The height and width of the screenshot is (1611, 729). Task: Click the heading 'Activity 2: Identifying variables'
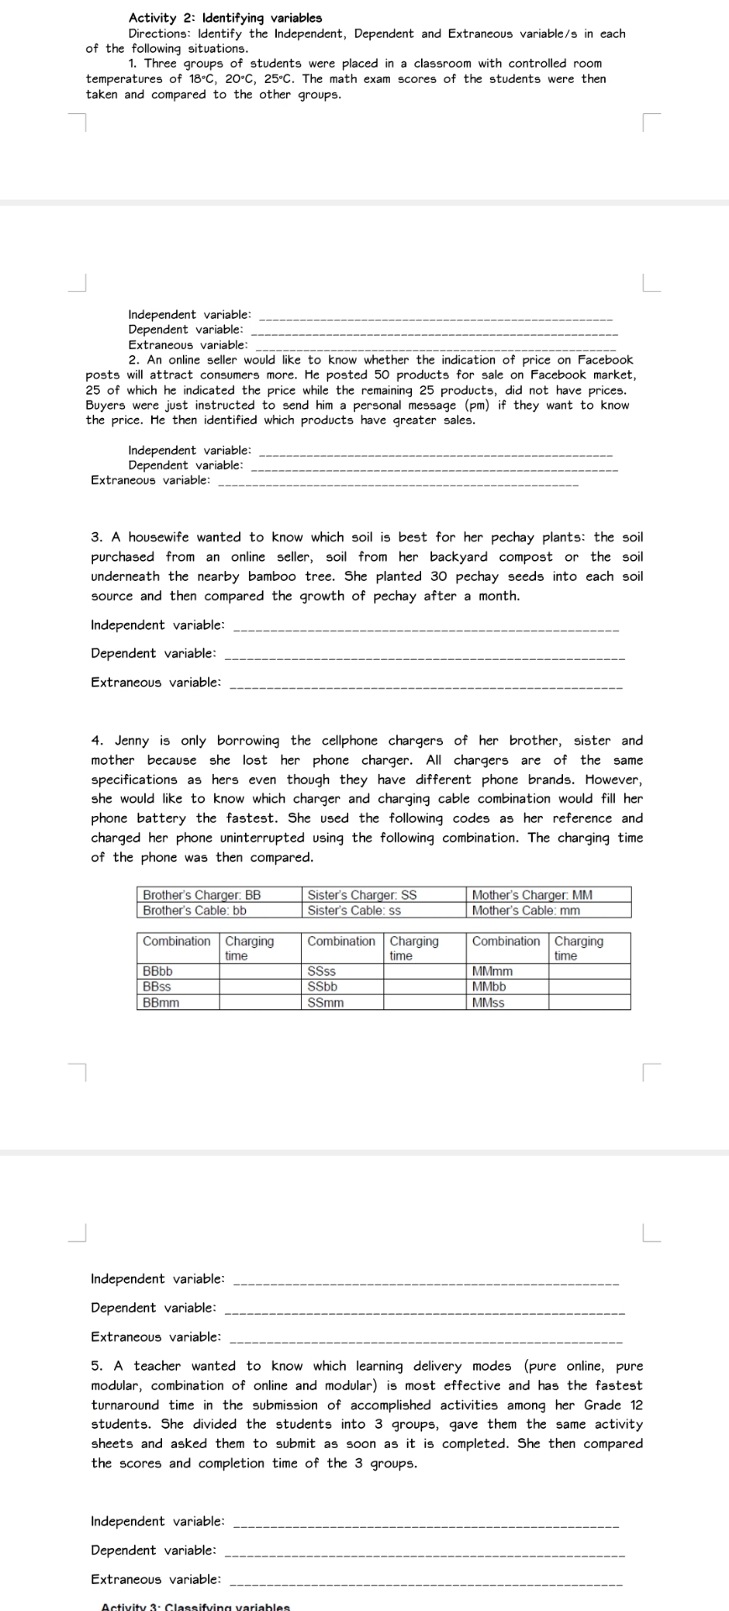225,18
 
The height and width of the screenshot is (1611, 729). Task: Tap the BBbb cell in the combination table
177,971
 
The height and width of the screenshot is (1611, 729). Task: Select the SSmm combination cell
342,1002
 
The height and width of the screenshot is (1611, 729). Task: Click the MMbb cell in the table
507,986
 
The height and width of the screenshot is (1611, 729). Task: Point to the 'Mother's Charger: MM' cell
548,895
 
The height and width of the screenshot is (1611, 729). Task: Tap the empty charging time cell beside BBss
259,986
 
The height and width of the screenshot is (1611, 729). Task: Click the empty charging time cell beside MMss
589,1002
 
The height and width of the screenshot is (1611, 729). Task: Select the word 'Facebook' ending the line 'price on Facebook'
600,360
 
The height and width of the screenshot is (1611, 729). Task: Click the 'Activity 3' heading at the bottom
195,1606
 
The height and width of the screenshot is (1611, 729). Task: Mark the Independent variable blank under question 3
424,627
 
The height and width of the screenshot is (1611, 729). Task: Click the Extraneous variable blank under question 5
424,1582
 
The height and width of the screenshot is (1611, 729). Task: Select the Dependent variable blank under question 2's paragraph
433,468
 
